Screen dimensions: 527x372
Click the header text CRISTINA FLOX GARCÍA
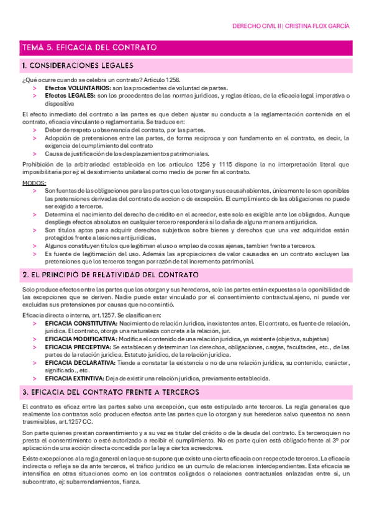pos(319,26)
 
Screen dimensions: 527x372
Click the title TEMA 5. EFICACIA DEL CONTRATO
pos(89,47)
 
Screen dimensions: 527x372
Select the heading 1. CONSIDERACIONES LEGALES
pos(76,65)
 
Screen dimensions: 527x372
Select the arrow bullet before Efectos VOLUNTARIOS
pos(35,89)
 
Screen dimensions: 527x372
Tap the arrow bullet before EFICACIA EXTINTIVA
pos(35,378)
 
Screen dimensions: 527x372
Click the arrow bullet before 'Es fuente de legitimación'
pos(35,254)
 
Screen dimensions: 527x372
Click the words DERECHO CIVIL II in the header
pos(257,26)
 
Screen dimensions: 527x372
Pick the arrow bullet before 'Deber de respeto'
pos(35,130)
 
